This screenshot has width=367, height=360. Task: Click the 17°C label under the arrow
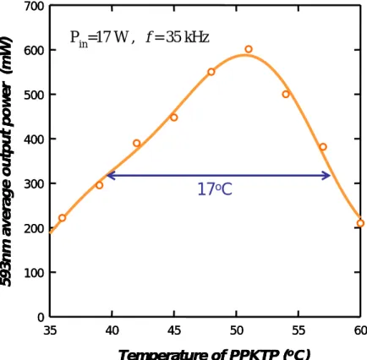[215, 189]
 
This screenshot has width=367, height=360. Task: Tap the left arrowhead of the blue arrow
[111, 176]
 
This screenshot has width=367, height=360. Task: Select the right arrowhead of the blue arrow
[327, 176]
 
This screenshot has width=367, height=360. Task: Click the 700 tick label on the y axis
[34, 7]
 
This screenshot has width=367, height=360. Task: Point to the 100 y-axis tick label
[34, 273]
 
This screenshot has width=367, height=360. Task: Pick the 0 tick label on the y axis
[41, 318]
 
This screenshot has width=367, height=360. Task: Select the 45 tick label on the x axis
[174, 330]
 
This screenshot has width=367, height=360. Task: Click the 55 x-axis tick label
[299, 330]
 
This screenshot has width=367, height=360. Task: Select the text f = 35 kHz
[178, 37]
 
